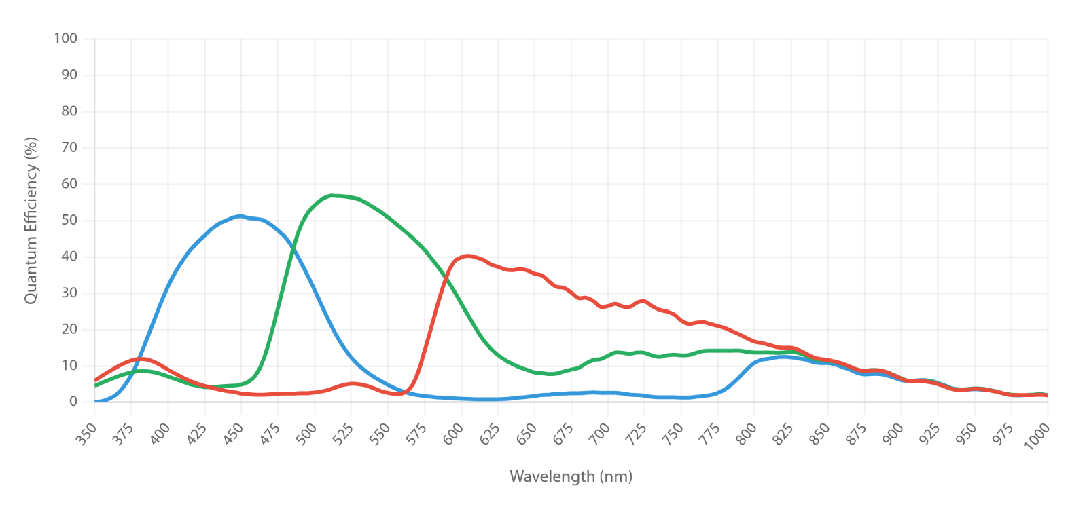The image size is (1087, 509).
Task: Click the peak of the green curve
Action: [x=332, y=196]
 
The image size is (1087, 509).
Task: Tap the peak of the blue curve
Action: [x=240, y=216]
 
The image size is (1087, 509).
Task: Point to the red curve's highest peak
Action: [x=467, y=255]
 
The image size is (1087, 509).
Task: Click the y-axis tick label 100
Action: [x=65, y=38]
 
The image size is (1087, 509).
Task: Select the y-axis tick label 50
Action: [x=69, y=220]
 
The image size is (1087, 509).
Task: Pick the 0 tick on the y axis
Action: [x=73, y=401]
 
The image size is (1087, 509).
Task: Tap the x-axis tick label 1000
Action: [x=1037, y=436]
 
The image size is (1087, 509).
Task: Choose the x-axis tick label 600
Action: [x=453, y=434]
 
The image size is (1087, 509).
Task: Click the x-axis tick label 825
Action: [x=783, y=434]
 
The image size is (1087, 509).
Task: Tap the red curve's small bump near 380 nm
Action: [x=141, y=359]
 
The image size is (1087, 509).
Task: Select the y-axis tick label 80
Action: [x=69, y=111]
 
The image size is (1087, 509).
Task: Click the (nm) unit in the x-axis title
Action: [x=616, y=477]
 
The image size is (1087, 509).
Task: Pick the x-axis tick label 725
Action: [x=637, y=434]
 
